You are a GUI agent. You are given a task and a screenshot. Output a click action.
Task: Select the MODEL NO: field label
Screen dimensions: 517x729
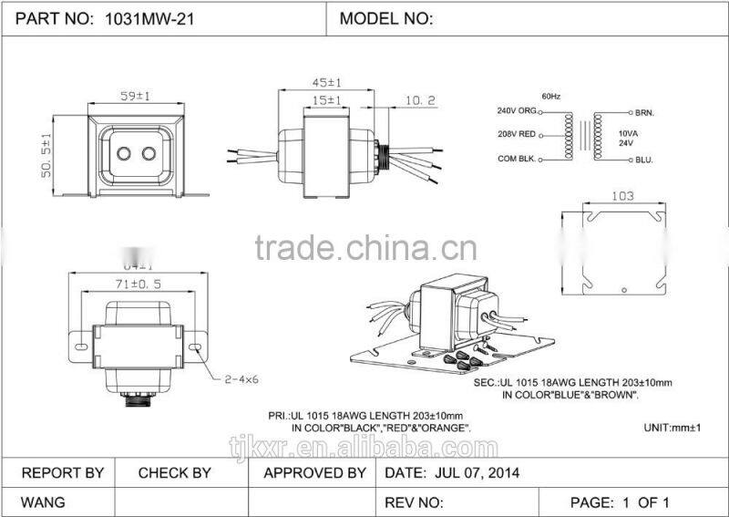[x=385, y=18]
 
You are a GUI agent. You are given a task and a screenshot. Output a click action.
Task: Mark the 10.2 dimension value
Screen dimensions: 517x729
[x=420, y=100]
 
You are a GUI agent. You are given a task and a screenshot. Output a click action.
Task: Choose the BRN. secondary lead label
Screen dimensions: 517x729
[x=646, y=113]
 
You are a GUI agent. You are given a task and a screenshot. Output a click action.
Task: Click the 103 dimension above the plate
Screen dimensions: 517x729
[x=622, y=195]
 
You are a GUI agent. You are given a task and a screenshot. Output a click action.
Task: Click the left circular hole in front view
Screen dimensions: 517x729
[x=118, y=154]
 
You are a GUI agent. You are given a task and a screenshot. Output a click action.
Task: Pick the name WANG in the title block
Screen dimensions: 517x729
[x=43, y=502]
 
